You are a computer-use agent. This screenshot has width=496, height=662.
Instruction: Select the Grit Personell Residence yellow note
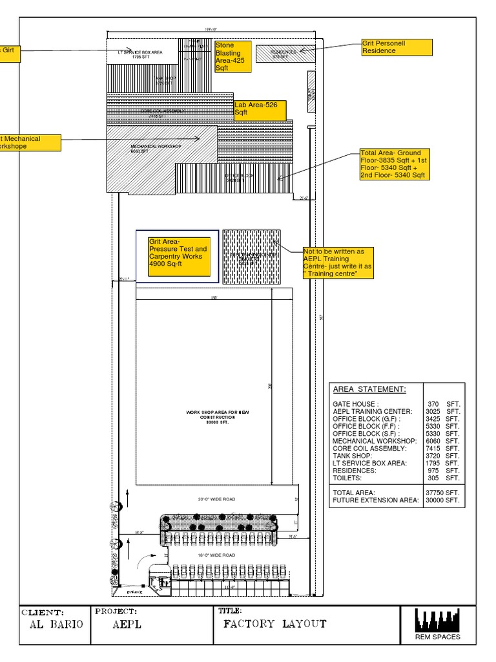tap(397, 47)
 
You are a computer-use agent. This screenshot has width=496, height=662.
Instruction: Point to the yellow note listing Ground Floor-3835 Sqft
tap(395, 164)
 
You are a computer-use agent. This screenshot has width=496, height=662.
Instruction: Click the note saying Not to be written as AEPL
tap(338, 263)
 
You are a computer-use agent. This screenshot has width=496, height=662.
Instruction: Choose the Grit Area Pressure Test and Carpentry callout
tap(179, 257)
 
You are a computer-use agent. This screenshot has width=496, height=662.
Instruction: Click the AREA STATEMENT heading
tap(369, 389)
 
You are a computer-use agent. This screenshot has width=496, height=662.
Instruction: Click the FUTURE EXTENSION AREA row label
tap(375, 500)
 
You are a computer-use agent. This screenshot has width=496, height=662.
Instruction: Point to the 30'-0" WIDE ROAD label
tap(216, 499)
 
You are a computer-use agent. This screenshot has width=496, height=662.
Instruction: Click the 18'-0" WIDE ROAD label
tap(216, 555)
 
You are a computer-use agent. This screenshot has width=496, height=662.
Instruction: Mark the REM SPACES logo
tap(437, 624)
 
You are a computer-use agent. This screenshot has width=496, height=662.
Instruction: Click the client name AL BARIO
tap(57, 625)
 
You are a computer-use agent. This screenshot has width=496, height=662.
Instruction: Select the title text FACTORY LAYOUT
tap(274, 625)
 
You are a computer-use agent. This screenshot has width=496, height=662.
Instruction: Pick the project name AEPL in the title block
tap(127, 625)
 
